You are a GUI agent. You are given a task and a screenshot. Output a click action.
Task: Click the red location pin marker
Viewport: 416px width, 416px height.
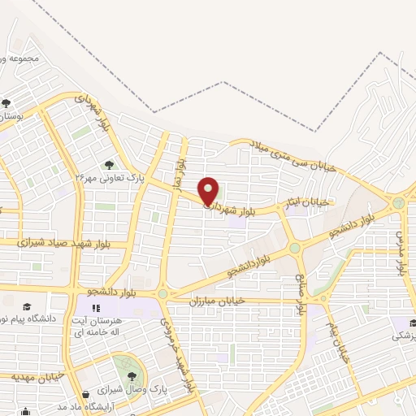[209, 192]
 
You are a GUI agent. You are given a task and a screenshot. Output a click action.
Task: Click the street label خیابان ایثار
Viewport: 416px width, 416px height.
[308, 200]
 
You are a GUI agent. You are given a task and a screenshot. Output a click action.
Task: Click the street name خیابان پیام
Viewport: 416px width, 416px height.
[338, 341]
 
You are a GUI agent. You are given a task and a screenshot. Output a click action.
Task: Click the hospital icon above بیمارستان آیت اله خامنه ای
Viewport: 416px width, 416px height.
[96, 309]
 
